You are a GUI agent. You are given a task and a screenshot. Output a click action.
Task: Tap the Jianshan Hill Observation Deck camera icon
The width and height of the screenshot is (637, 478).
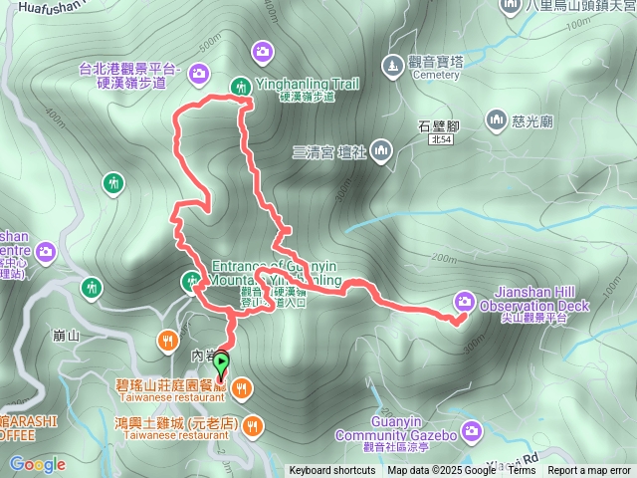click(x=464, y=301)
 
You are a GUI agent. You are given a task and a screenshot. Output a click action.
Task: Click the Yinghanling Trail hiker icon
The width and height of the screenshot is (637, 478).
click(x=241, y=87)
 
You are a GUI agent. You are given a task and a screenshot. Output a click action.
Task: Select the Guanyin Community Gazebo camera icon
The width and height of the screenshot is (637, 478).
click(x=471, y=431)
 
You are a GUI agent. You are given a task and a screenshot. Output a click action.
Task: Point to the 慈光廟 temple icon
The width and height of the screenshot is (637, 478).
click(x=497, y=120)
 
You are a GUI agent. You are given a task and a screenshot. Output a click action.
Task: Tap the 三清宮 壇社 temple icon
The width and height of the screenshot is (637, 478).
click(x=384, y=150)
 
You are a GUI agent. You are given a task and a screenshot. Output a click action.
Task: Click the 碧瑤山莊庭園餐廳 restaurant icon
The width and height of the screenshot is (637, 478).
click(x=244, y=387)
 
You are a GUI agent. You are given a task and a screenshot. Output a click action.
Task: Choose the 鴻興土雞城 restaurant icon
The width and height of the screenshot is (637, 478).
click(x=255, y=425)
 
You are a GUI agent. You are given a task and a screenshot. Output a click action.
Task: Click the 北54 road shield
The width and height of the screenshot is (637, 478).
click(x=441, y=141)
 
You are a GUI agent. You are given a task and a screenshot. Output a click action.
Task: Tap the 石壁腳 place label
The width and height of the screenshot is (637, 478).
click(x=437, y=126)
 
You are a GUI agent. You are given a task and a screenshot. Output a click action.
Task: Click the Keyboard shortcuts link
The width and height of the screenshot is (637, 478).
click(x=332, y=471)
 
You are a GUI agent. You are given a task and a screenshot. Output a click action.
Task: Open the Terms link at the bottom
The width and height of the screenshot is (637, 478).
click(x=522, y=471)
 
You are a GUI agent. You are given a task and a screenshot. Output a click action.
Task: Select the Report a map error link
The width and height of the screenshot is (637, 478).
click(x=589, y=471)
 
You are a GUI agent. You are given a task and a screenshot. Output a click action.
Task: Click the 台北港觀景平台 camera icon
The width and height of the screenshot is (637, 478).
click(x=198, y=72)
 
